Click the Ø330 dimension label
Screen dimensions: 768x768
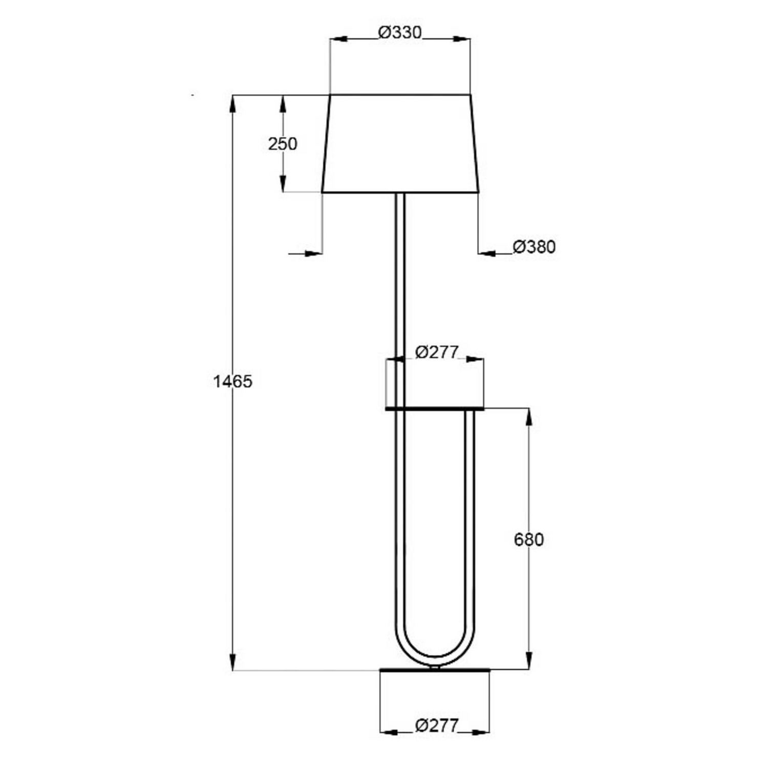(x=400, y=33)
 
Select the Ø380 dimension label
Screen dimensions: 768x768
(x=534, y=247)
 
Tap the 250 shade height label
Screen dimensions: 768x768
(x=282, y=144)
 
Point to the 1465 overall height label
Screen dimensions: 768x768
(x=233, y=381)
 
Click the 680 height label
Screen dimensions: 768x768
(x=528, y=540)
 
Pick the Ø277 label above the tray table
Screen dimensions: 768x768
(x=437, y=352)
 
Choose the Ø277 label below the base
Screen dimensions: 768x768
(x=437, y=726)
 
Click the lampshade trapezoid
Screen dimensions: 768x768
(x=400, y=143)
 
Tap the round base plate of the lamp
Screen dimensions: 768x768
(x=435, y=670)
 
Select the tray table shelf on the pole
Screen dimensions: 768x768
(x=435, y=409)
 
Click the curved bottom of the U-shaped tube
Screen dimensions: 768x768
(x=435, y=658)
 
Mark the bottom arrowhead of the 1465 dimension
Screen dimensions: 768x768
(x=233, y=661)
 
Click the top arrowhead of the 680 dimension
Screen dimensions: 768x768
(x=529, y=417)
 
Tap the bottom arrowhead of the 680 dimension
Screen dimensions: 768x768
(x=529, y=660)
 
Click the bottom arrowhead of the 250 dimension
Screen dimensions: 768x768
(x=283, y=183)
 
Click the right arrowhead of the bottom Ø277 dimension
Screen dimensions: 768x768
(x=480, y=732)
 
